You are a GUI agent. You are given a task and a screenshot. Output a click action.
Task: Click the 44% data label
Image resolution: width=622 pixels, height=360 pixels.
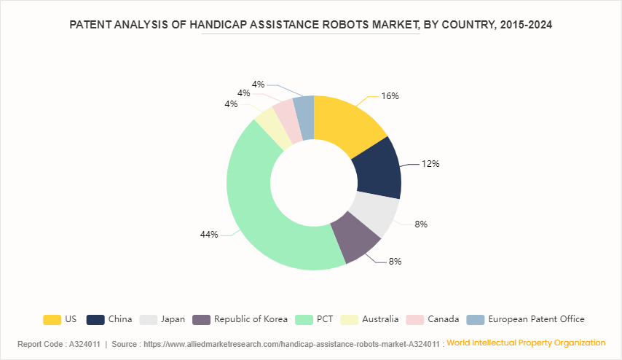209,235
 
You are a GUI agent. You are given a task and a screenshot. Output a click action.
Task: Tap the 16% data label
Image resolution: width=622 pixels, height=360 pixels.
390,96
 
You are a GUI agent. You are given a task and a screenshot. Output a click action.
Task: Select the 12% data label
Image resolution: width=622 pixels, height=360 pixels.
430,164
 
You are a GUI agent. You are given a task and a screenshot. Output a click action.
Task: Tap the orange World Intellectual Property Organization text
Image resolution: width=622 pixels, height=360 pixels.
526,343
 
